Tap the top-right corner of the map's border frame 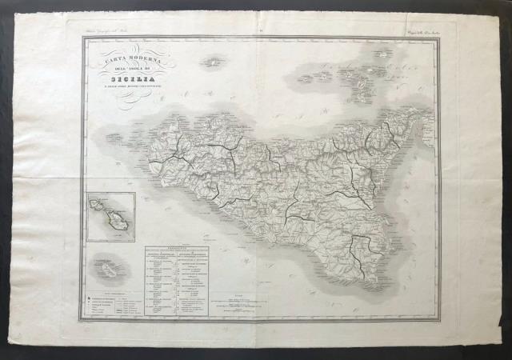coord(438,37)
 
